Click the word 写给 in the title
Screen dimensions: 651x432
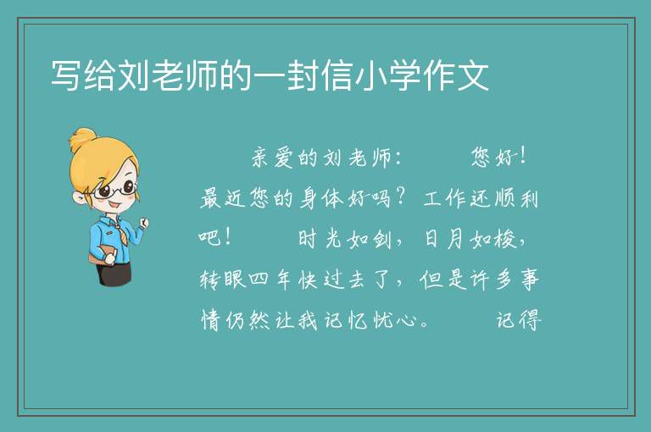pyautogui.click(x=82, y=75)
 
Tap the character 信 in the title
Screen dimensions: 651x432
pyautogui.click(x=337, y=75)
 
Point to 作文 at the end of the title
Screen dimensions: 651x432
pyautogui.click(x=456, y=75)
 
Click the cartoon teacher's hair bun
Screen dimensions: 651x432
pyautogui.click(x=83, y=140)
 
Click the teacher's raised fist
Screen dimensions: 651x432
pyautogui.click(x=143, y=224)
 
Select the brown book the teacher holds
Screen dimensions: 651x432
pyautogui.click(x=102, y=254)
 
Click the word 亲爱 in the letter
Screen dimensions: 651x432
pyautogui.click(x=273, y=158)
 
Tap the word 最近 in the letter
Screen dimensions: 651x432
pyautogui.click(x=223, y=198)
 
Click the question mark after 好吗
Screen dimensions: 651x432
pyautogui.click(x=401, y=197)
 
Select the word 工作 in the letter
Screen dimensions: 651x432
pyautogui.click(x=446, y=198)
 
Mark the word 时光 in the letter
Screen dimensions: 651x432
pyautogui.click(x=320, y=239)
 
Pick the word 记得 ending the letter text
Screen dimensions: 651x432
pyautogui.click(x=519, y=320)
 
